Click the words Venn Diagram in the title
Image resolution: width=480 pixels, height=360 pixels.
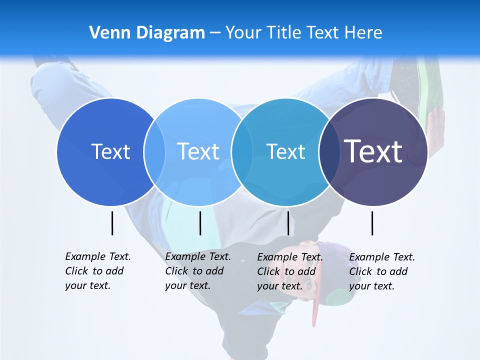[147, 33]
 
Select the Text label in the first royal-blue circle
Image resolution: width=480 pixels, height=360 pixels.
[110, 151]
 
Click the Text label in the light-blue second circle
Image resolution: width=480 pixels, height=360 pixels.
[198, 151]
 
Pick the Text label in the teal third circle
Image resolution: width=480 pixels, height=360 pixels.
[285, 151]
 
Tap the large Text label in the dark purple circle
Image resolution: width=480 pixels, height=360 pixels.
[373, 151]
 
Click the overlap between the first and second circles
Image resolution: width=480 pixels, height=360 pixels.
[154, 151]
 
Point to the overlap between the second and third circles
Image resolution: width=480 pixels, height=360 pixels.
[241, 151]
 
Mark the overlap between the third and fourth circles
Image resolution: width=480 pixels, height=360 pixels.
[328, 151]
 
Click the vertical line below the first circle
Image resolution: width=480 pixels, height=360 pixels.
[112, 223]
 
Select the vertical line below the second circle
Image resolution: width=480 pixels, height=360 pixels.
[200, 223]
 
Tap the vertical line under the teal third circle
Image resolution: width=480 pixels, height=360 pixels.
[288, 223]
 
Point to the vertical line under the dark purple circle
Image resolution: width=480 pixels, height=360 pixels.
[372, 223]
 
